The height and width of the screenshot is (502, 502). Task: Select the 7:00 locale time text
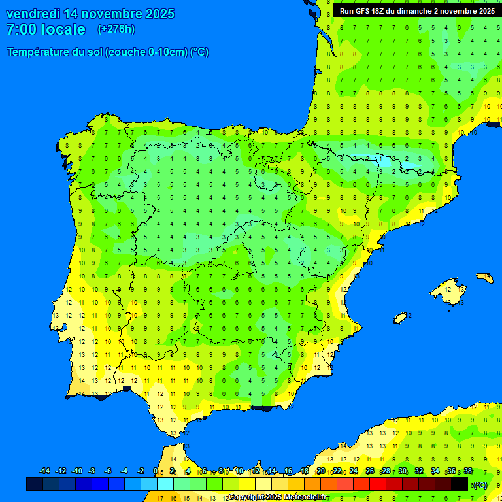click(46, 29)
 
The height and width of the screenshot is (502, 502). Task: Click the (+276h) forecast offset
click(116, 29)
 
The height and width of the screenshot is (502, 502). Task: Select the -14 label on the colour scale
click(44, 471)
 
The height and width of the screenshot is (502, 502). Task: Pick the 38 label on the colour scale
click(468, 471)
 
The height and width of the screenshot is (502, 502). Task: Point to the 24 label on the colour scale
click(354, 471)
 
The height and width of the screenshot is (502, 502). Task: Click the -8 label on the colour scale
click(92, 471)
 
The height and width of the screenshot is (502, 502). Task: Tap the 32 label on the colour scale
click(419, 471)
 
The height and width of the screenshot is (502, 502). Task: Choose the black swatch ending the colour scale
click(460, 484)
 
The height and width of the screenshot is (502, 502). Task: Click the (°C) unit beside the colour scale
click(480, 485)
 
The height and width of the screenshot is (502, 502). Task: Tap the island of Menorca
click(484, 277)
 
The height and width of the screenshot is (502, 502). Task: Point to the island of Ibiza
click(401, 318)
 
